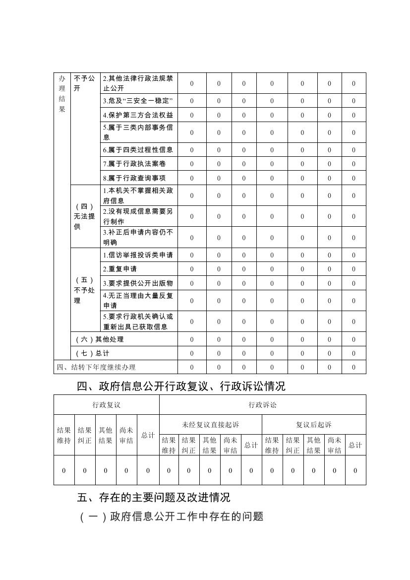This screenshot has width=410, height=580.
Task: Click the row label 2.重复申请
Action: (120, 269)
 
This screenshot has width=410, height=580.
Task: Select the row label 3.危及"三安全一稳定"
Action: (138, 101)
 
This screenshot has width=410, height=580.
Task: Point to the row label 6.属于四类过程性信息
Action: (138, 149)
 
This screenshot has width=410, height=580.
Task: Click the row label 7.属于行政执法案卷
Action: (134, 164)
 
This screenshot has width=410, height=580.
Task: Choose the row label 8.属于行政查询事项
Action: (134, 178)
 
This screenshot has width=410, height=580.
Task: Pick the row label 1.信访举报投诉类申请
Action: (138, 255)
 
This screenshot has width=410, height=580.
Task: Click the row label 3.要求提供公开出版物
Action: (138, 283)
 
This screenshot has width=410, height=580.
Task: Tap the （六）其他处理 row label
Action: (100, 339)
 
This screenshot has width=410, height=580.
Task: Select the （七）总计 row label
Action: (92, 353)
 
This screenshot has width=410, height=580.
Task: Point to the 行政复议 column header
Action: (106, 405)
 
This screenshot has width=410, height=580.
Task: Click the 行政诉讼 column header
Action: (263, 405)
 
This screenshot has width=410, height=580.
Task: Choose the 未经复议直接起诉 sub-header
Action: (210, 425)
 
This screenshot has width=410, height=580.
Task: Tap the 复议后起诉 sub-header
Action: (314, 425)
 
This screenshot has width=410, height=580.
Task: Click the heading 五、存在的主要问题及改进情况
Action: (154, 497)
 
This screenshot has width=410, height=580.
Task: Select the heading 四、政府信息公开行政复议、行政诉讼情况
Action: (181, 387)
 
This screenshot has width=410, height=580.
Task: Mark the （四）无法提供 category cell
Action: (85, 216)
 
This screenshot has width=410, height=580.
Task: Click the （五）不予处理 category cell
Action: (85, 290)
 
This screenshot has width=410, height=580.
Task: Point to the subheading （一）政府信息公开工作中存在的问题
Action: (171, 516)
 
